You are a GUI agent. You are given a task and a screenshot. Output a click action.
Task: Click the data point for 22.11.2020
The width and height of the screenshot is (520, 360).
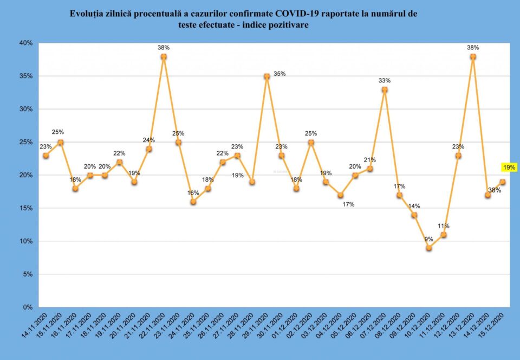(x=164, y=56)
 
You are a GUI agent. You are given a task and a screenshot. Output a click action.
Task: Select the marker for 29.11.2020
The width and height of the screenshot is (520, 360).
(x=266, y=76)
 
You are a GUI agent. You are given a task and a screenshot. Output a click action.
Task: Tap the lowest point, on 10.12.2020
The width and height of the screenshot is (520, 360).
(x=429, y=248)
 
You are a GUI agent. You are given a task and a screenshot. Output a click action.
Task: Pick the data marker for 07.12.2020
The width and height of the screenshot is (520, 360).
(x=385, y=89)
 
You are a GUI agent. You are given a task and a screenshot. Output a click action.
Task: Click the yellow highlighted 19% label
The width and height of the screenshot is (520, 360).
(x=509, y=168)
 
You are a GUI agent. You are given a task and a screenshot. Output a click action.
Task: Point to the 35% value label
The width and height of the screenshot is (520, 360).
(x=279, y=74)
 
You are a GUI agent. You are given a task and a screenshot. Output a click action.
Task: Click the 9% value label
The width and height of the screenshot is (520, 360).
(x=428, y=239)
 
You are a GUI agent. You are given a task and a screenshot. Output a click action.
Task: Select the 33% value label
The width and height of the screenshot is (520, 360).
(x=385, y=81)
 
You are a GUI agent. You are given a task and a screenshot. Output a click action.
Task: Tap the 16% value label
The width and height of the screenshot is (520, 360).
(x=193, y=192)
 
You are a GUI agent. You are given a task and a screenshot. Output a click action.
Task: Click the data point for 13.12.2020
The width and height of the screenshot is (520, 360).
(x=473, y=56)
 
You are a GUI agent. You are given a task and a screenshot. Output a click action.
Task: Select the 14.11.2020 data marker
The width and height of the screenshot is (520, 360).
(x=45, y=156)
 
